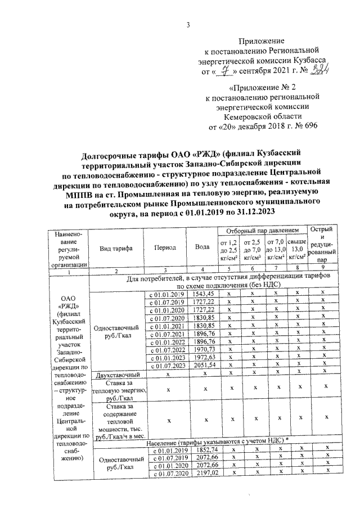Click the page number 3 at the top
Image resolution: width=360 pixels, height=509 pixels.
pos(188,24)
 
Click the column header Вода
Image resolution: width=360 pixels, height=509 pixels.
pos(202,247)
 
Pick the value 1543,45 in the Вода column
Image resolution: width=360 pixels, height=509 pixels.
pos(203,294)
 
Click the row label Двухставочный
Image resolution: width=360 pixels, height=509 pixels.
pos(116,373)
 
